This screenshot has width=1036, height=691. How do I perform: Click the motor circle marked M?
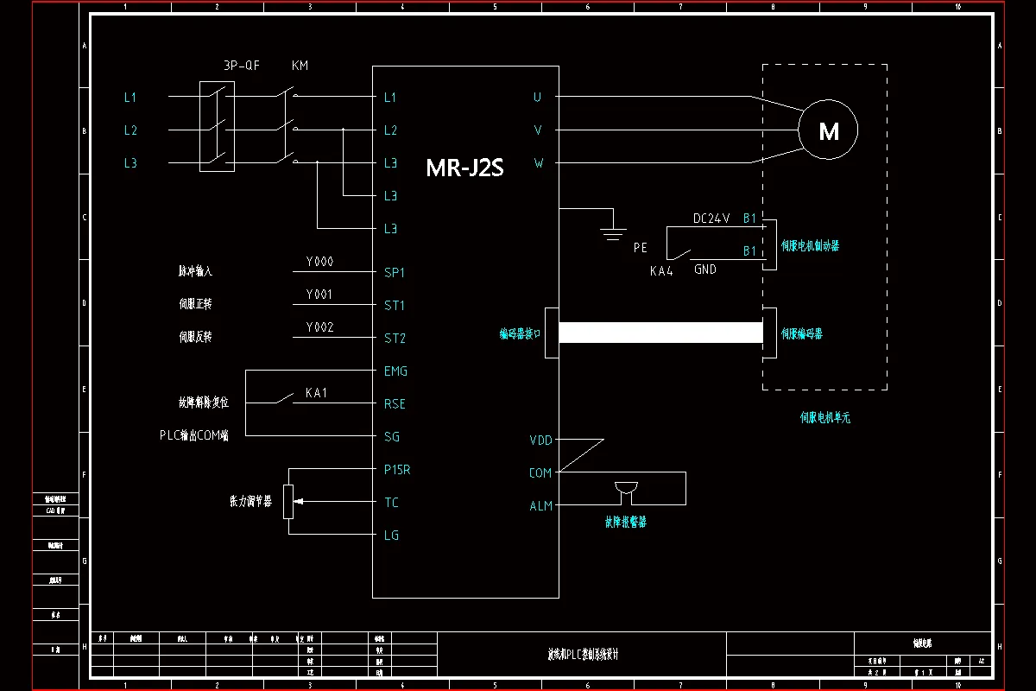(x=828, y=130)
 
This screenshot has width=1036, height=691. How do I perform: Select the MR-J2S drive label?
(x=464, y=168)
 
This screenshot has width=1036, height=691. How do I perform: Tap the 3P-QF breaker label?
(x=241, y=66)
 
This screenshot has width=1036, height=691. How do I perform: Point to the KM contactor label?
(x=300, y=66)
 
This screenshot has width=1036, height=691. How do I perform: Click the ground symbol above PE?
(x=614, y=229)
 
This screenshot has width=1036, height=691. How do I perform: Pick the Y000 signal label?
(x=319, y=262)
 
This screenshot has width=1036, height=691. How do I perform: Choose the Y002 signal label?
(x=319, y=327)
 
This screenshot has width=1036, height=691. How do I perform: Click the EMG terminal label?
(x=395, y=371)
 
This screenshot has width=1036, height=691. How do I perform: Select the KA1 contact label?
(x=317, y=393)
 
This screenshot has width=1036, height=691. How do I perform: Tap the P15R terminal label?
(x=397, y=470)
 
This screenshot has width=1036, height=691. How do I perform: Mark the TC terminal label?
(x=391, y=503)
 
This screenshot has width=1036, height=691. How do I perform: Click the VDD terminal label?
(x=540, y=441)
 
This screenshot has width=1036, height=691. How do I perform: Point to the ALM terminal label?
(x=540, y=506)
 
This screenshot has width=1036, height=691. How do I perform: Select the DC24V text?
(x=711, y=219)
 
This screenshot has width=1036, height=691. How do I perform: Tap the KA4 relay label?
(x=661, y=271)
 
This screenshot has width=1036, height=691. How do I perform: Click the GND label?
(x=705, y=269)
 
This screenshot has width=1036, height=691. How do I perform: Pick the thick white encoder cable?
(x=660, y=333)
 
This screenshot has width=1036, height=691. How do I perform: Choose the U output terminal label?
(x=537, y=98)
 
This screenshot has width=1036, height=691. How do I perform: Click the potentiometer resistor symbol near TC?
(x=288, y=502)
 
